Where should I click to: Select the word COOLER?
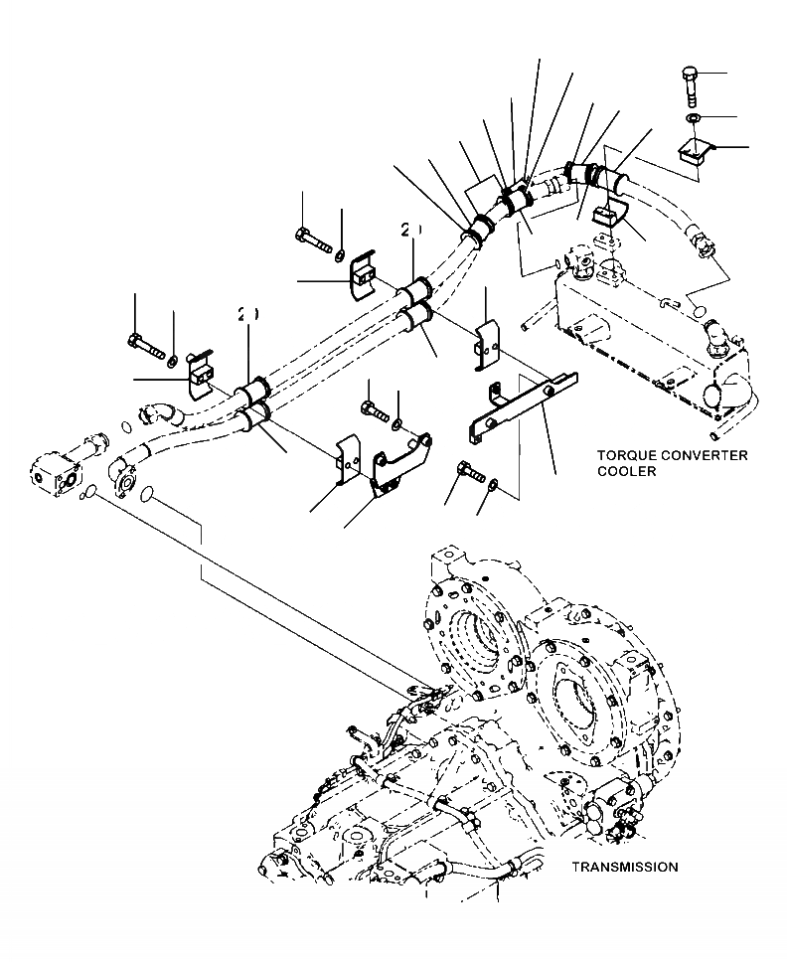[626, 472]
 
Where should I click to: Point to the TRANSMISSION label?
[625, 867]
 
